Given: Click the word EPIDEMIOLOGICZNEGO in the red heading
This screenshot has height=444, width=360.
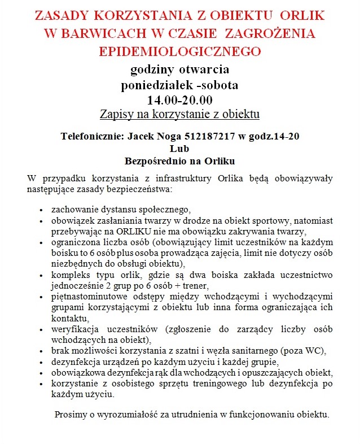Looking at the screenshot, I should coord(179,51).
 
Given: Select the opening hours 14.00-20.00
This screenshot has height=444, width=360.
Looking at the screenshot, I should coord(179,101).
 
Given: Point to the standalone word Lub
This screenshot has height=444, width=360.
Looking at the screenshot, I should coord(179,149).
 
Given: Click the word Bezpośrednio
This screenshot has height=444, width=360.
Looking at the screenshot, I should coord(156,160).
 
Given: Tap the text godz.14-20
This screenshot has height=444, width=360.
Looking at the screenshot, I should coord(274,136).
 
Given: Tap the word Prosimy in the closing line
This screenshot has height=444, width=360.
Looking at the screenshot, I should coord(71,415).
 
